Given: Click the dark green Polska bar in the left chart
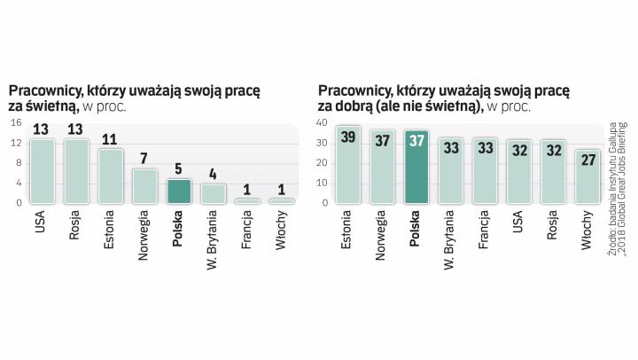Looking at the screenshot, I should click(179, 192).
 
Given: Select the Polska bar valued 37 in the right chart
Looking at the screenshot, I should click(416, 168).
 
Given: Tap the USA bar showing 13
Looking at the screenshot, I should click(41, 171).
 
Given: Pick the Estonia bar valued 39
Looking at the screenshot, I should click(347, 166).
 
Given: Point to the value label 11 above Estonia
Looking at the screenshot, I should click(110, 139).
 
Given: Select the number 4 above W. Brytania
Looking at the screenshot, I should click(214, 174).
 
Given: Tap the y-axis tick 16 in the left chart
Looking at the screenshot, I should click(15, 124).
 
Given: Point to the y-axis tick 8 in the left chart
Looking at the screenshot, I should click(18, 163).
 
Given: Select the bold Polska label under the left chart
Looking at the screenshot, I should click(179, 228).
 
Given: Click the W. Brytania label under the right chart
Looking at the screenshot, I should click(450, 239).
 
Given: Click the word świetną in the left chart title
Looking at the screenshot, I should click(53, 106).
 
